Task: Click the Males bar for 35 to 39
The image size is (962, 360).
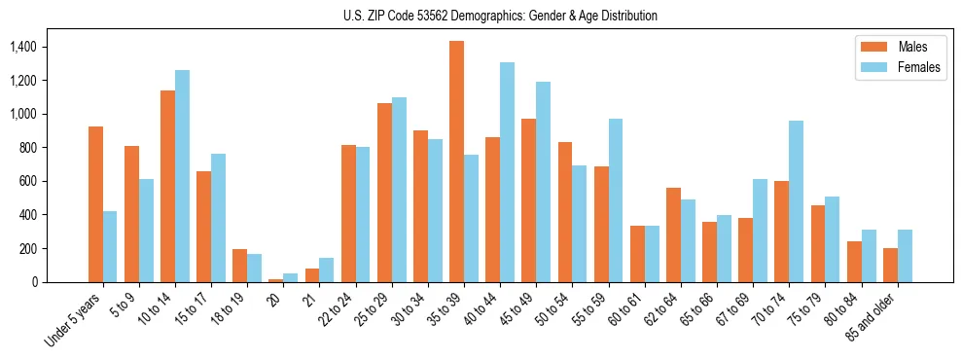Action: [x=456, y=162]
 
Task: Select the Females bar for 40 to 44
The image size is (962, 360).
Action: [x=507, y=172]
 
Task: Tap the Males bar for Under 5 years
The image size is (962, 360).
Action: [x=95, y=204]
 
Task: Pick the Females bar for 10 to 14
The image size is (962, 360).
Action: [x=182, y=176]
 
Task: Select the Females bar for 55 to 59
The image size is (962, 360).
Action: [x=616, y=200]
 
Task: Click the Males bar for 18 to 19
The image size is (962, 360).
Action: [x=239, y=266]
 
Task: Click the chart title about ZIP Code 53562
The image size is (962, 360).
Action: [x=500, y=16]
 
